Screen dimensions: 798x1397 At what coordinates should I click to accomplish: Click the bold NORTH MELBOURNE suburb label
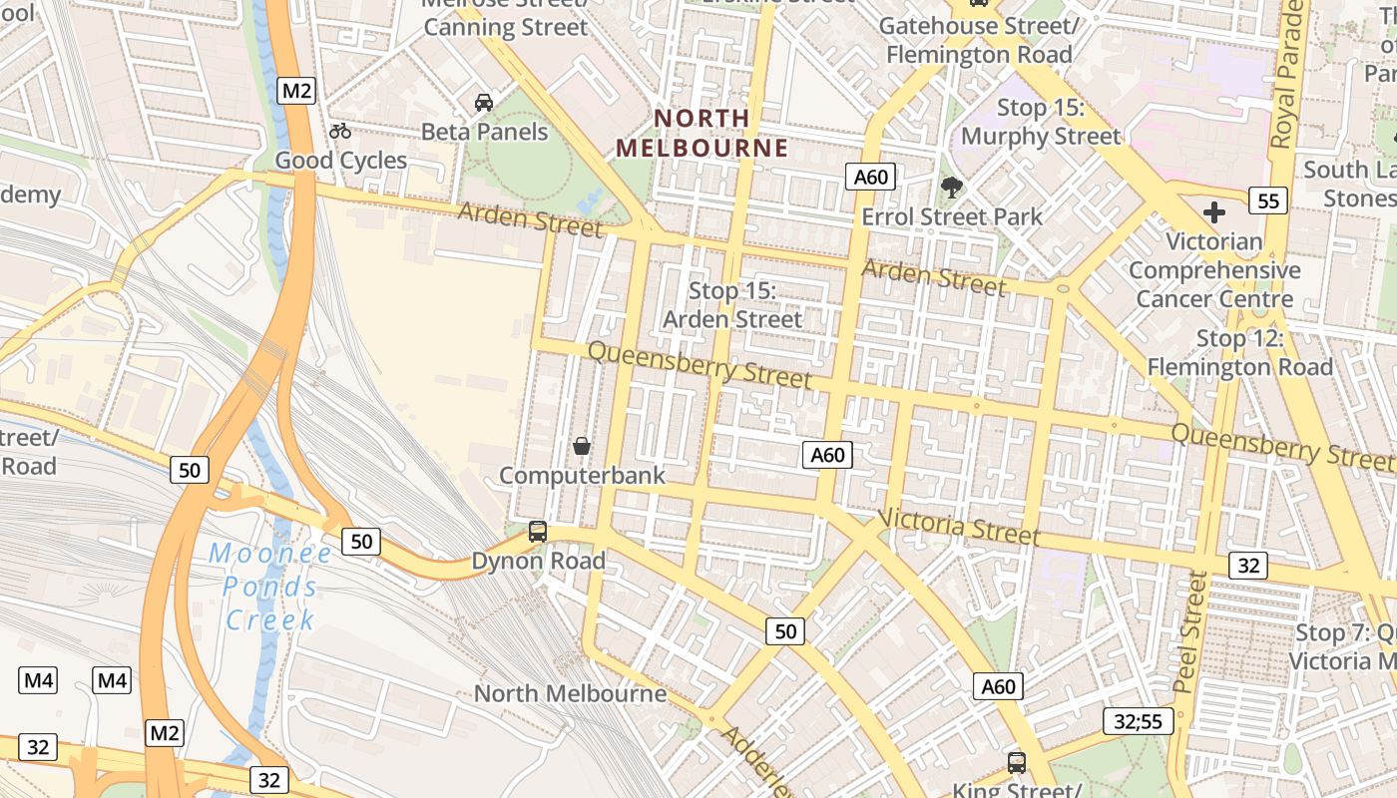coord(701,134)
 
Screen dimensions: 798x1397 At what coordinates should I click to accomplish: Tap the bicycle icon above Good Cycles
coord(340,131)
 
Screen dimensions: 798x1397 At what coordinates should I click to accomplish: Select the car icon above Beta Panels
coord(484,102)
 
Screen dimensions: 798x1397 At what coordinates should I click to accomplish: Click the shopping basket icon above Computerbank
coord(582,446)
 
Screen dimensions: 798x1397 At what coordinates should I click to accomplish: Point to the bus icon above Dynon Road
coord(538,532)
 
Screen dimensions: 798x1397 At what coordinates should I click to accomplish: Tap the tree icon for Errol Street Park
coord(952,187)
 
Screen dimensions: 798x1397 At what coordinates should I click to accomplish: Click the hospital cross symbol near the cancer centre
coord(1214,212)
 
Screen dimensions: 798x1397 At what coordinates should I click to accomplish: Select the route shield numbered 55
coord(1268,200)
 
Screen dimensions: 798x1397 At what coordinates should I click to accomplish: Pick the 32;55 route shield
coord(1139,721)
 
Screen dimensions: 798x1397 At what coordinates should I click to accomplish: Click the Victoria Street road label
coord(959,527)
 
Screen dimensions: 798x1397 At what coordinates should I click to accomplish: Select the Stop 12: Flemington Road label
coord(1239,353)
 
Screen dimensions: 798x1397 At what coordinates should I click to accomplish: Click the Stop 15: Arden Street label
coord(732,305)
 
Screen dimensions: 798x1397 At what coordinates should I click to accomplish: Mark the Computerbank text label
coord(582,476)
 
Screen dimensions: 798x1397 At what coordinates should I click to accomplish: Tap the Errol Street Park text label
coord(952,216)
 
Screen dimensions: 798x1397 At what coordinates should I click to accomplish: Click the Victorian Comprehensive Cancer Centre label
coord(1214,269)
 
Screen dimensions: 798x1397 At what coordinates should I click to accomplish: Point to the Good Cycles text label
coord(341,161)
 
